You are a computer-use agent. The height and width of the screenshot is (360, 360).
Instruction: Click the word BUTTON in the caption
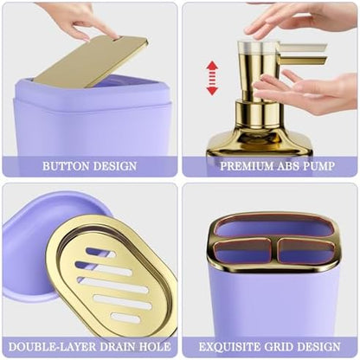click(x=66, y=166)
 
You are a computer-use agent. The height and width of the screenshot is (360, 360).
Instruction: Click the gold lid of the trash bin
click(x=91, y=61)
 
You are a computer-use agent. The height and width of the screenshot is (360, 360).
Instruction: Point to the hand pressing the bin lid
click(x=87, y=20)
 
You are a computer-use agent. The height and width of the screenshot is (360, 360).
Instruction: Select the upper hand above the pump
click(x=300, y=17)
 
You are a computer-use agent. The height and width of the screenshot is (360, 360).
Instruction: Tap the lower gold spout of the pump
click(x=303, y=61)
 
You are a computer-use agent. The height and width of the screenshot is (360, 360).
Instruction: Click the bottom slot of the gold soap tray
click(x=125, y=318)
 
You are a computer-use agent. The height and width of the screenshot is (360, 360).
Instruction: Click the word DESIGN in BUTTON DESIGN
click(x=115, y=166)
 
